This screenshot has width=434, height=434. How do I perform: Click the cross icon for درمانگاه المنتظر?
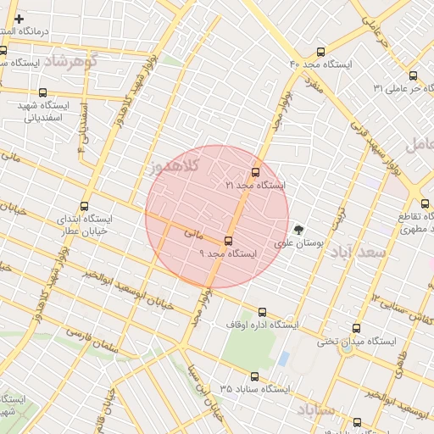tap(19, 18)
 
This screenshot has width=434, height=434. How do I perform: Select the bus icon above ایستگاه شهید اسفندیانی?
tap(43, 92)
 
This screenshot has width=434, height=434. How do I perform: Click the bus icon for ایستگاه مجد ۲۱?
tap(256, 172)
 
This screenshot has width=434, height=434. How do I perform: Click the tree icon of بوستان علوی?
tap(298, 229)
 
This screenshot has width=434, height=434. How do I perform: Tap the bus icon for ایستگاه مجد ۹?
tap(228, 242)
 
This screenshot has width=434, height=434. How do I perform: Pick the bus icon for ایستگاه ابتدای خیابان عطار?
tap(84, 206)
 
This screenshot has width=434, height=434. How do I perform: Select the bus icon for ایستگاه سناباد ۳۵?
tap(254, 376)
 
